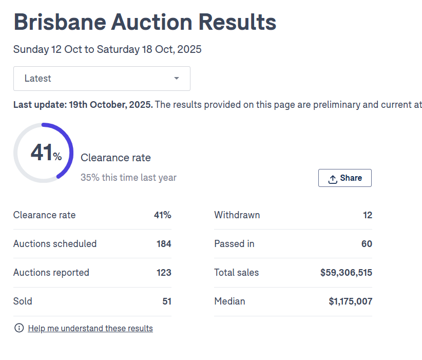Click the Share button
coord(345,178)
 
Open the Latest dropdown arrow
coord(177,79)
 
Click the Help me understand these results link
coord(90,328)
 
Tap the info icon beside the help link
coord(19,328)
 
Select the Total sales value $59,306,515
coord(346,273)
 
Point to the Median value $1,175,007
coord(350,301)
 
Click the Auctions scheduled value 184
coord(164,244)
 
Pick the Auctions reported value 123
coord(164,273)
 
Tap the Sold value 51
coord(166,301)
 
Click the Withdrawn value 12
coord(367,215)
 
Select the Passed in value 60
coord(367,244)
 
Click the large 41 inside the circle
coord(41,153)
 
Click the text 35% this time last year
coord(128,178)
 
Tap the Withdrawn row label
coord(237,215)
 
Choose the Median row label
coord(229,301)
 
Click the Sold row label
coord(23,301)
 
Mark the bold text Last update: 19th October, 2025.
coord(83,105)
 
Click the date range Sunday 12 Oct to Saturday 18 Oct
coord(107,50)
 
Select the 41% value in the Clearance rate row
coord(162,215)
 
